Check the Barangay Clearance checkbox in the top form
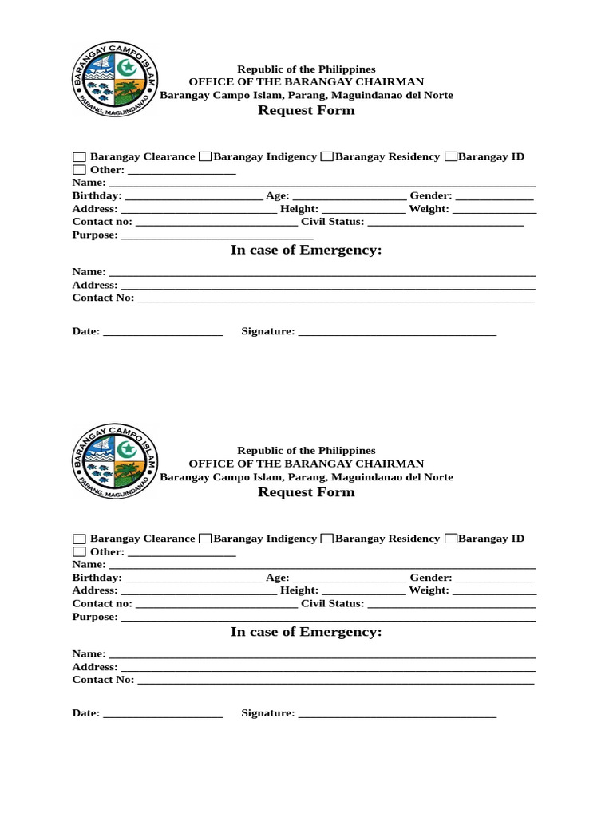pos(79,157)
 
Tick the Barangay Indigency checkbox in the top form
pos(205,156)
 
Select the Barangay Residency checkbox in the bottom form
pos(326,539)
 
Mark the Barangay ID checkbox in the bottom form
pos(451,539)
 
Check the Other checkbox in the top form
pos(79,170)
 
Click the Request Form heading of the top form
pos(306,110)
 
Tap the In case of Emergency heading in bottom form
pos(306,632)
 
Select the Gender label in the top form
pos(431,195)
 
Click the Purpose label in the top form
pos(95,235)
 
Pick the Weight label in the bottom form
pos(429,590)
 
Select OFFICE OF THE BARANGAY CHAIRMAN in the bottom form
pos(306,464)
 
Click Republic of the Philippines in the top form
pos(306,69)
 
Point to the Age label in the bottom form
pos(277,578)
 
